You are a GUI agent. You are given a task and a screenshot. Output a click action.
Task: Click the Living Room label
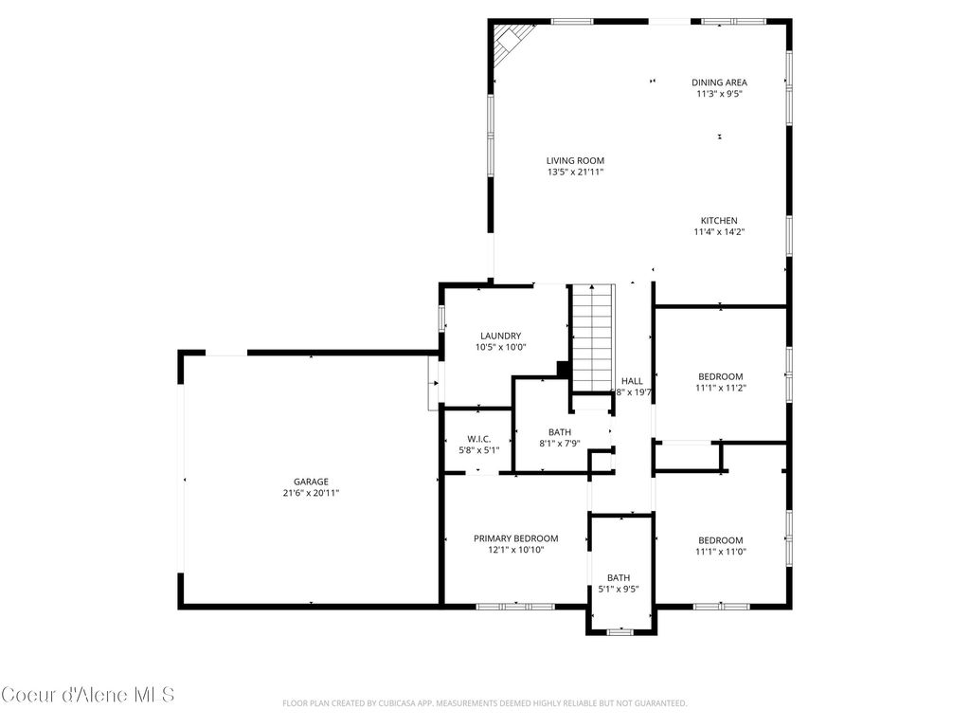[574, 160]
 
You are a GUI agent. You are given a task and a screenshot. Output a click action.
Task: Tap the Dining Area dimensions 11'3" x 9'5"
[719, 94]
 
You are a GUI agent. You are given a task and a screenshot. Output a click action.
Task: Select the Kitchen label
[719, 220]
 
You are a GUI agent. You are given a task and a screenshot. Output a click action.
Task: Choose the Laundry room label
[500, 336]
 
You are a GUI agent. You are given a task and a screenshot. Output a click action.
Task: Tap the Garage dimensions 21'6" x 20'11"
[311, 493]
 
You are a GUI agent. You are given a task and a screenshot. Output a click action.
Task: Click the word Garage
[311, 482]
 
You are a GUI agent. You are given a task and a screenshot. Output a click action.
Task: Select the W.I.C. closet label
[476, 439]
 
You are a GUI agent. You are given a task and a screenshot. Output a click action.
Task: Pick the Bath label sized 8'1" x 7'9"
[559, 432]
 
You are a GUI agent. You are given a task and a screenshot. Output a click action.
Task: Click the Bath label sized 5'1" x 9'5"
[619, 577]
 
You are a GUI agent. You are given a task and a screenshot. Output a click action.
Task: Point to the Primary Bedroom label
[515, 538]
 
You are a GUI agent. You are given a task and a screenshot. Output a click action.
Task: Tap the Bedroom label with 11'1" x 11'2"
[720, 376]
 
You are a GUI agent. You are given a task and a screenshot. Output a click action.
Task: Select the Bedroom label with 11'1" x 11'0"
[720, 540]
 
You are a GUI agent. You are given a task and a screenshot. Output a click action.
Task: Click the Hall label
[632, 381]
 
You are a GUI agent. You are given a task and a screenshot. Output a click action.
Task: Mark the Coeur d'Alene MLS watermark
[88, 695]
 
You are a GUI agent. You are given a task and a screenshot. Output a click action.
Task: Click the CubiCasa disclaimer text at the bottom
[484, 703]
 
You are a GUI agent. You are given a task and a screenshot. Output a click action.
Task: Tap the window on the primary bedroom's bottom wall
[515, 606]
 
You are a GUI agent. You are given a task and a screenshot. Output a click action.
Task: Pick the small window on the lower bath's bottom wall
[620, 631]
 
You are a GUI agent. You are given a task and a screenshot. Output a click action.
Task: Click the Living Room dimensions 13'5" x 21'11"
[574, 172]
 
